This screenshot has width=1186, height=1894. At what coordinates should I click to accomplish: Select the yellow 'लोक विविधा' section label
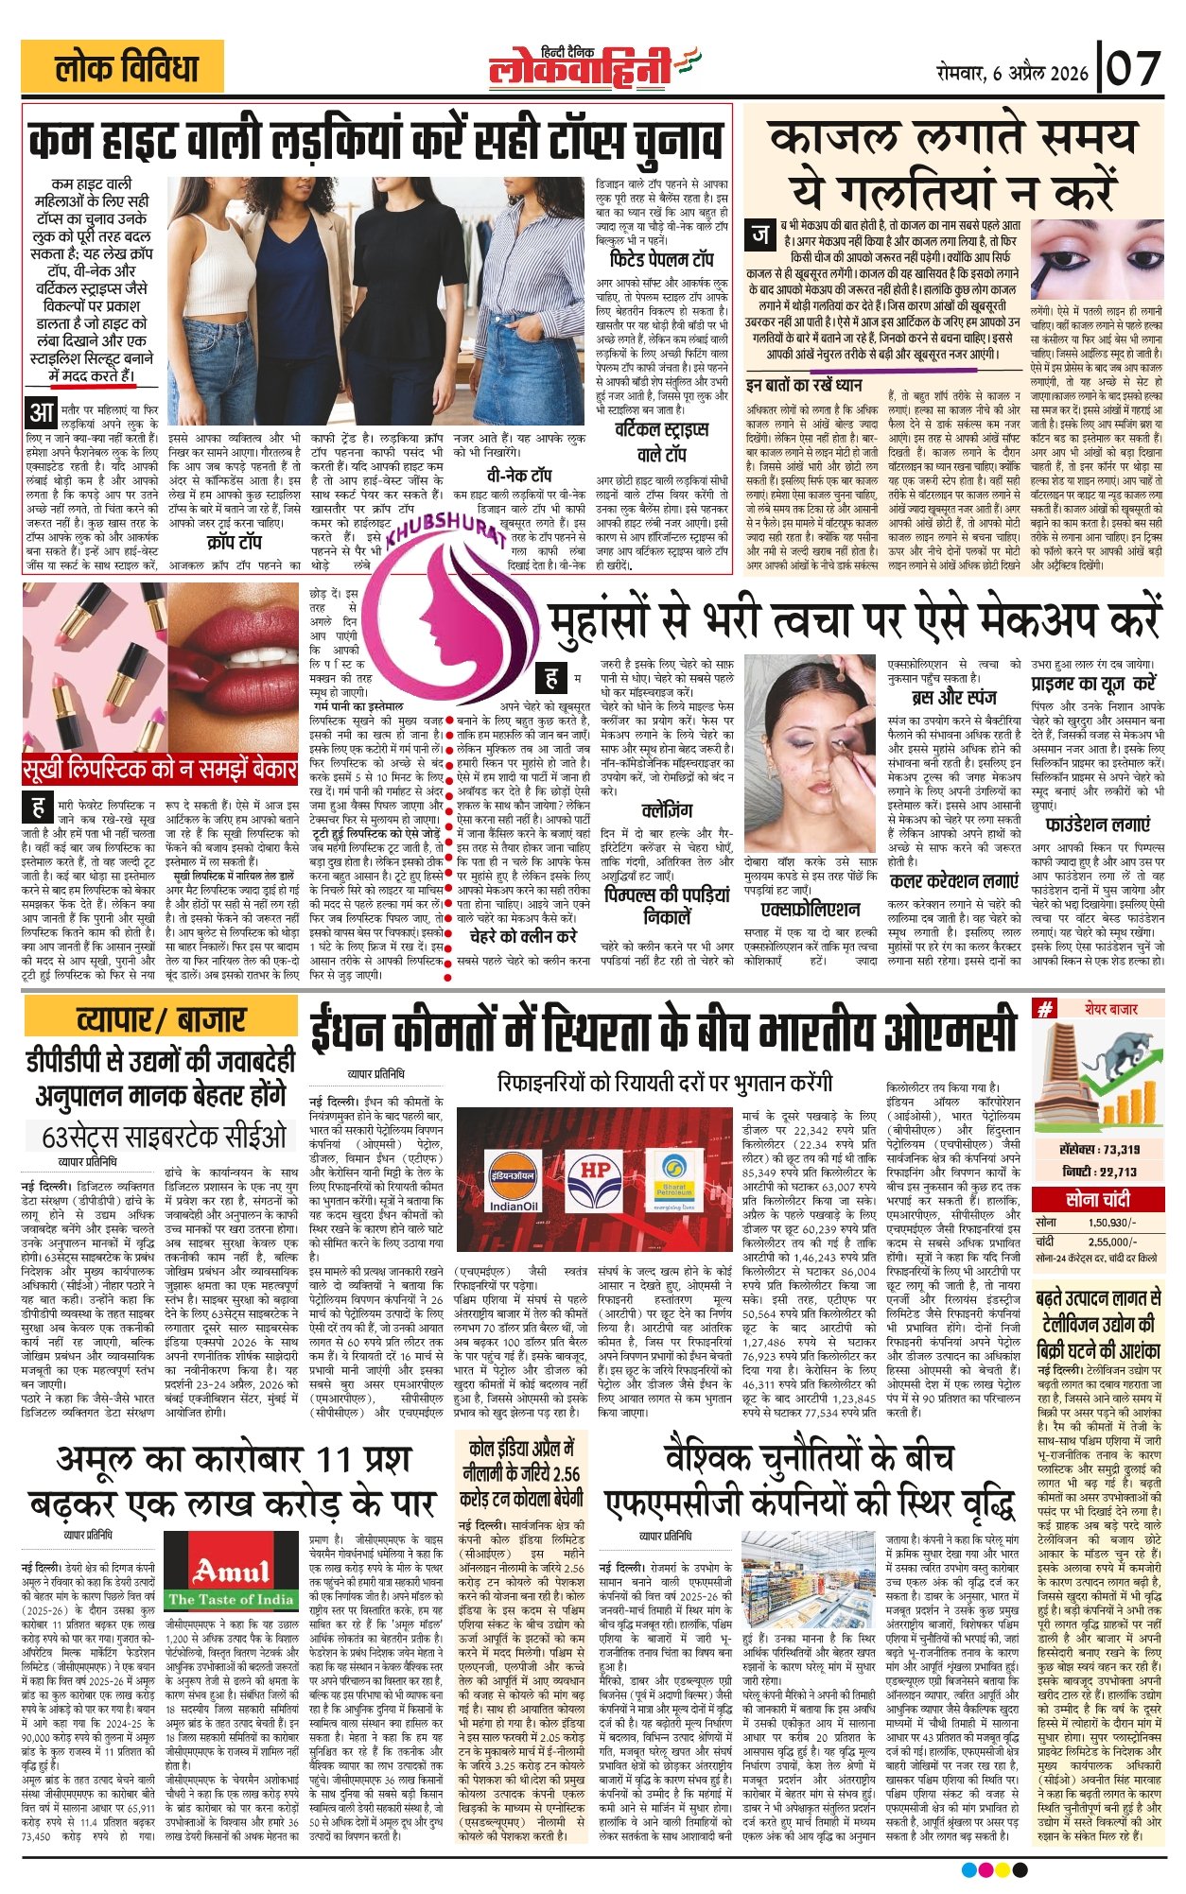point(123,68)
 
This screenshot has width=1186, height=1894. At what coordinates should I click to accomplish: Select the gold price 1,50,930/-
point(1111,1223)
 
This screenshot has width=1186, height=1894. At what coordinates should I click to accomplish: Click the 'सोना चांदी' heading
point(1097,1199)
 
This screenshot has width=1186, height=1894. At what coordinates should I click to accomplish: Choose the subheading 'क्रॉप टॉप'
point(234,543)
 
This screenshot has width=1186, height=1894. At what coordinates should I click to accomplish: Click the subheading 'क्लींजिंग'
point(666,810)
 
